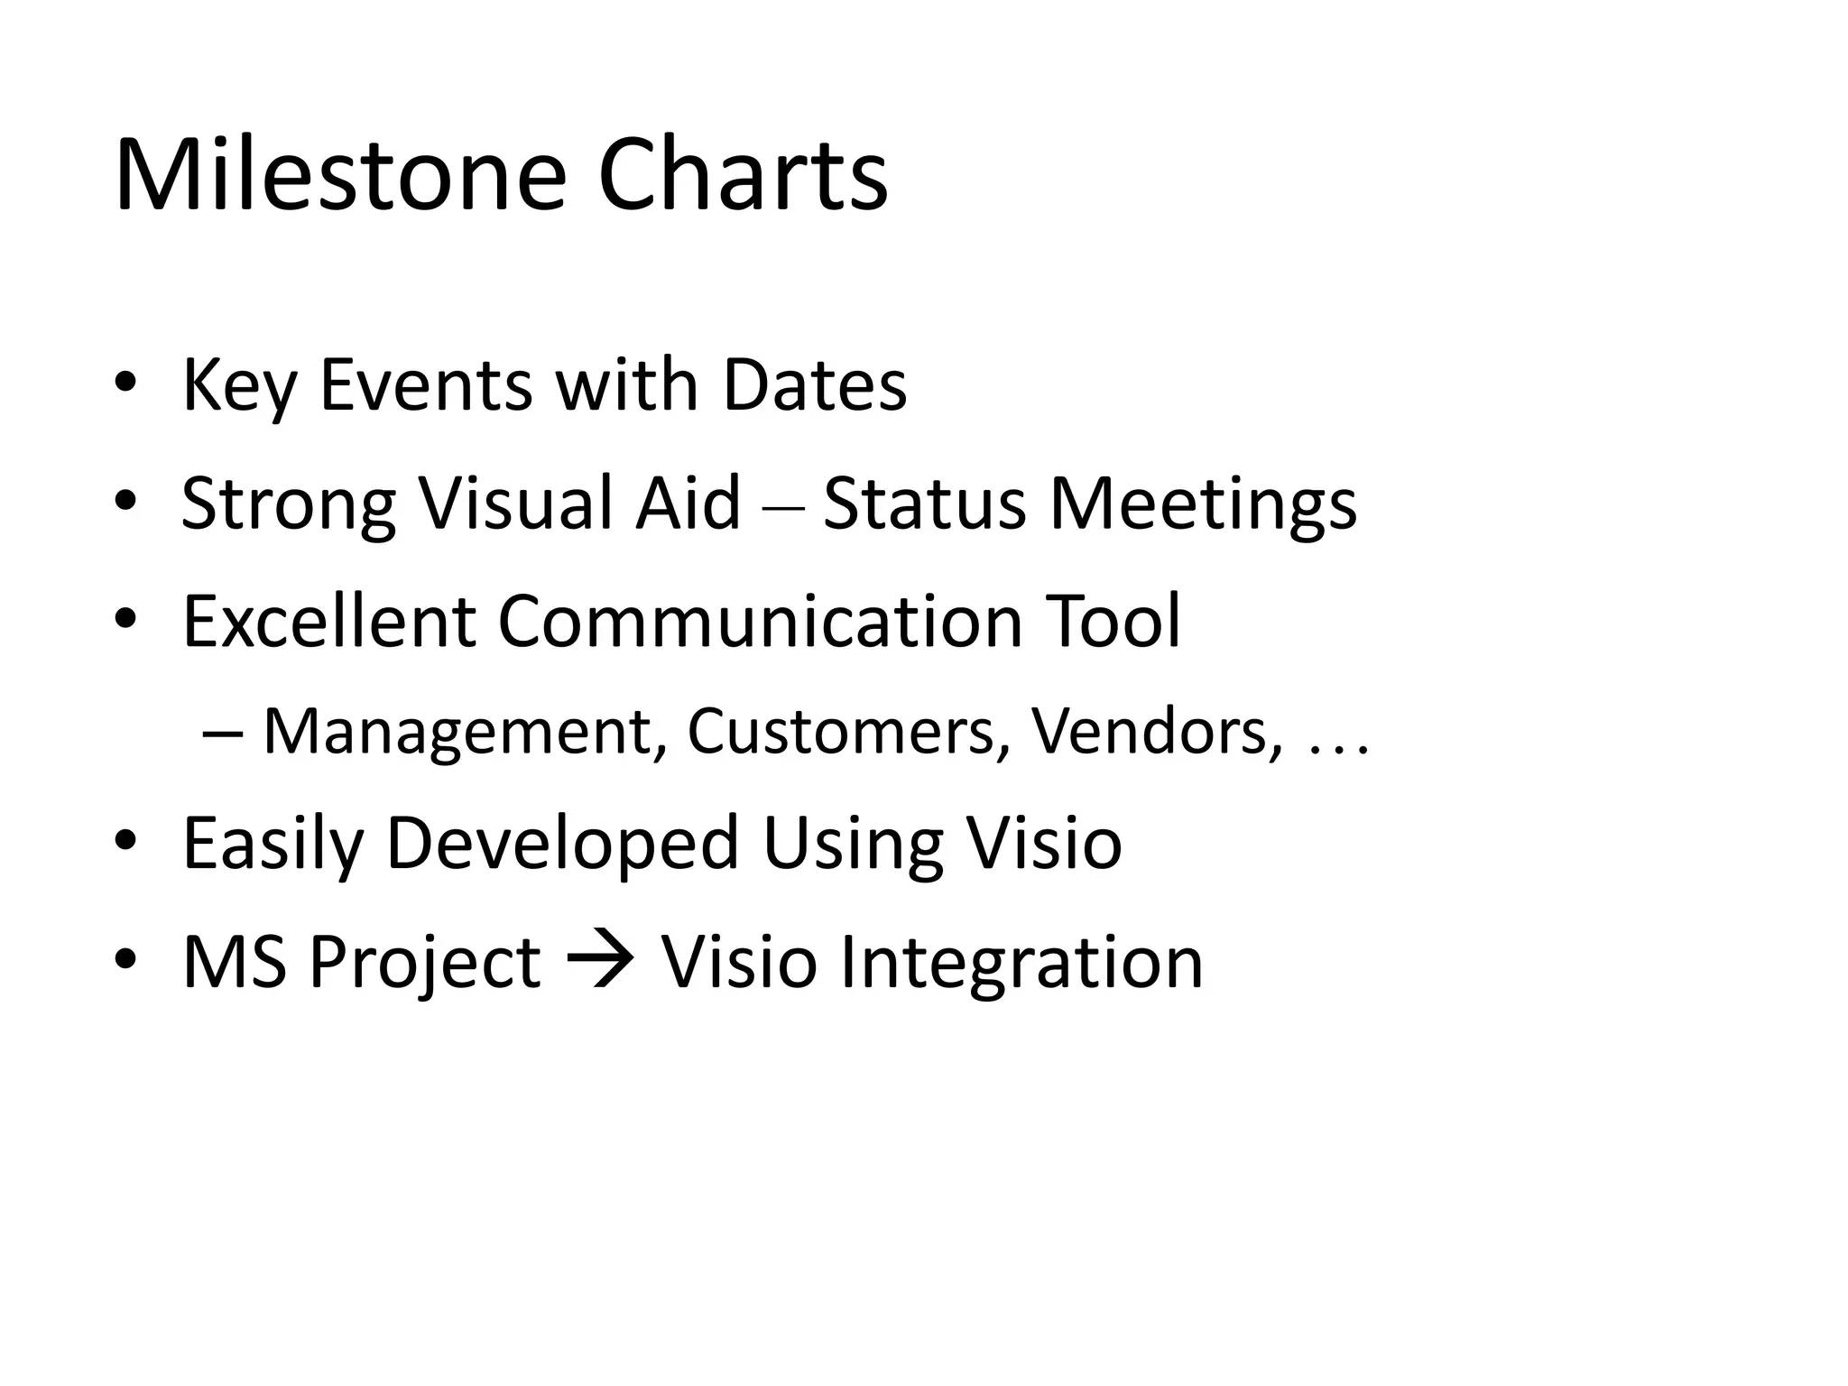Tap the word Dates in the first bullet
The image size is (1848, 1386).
(x=815, y=385)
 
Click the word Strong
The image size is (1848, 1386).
(x=289, y=503)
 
